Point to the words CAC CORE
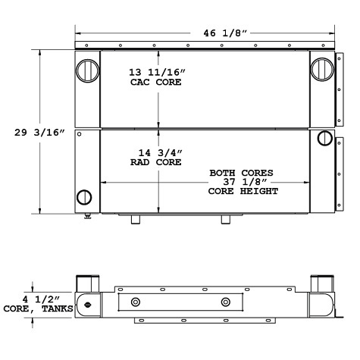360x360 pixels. click(158, 82)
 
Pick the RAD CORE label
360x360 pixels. click(158, 161)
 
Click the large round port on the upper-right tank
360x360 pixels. click(321, 70)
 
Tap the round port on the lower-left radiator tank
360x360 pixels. click(84, 199)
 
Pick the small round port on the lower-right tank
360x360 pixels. click(324, 138)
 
